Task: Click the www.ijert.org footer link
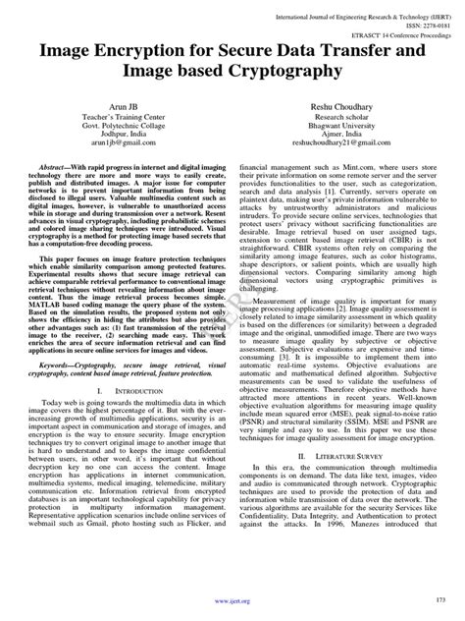click(232, 600)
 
